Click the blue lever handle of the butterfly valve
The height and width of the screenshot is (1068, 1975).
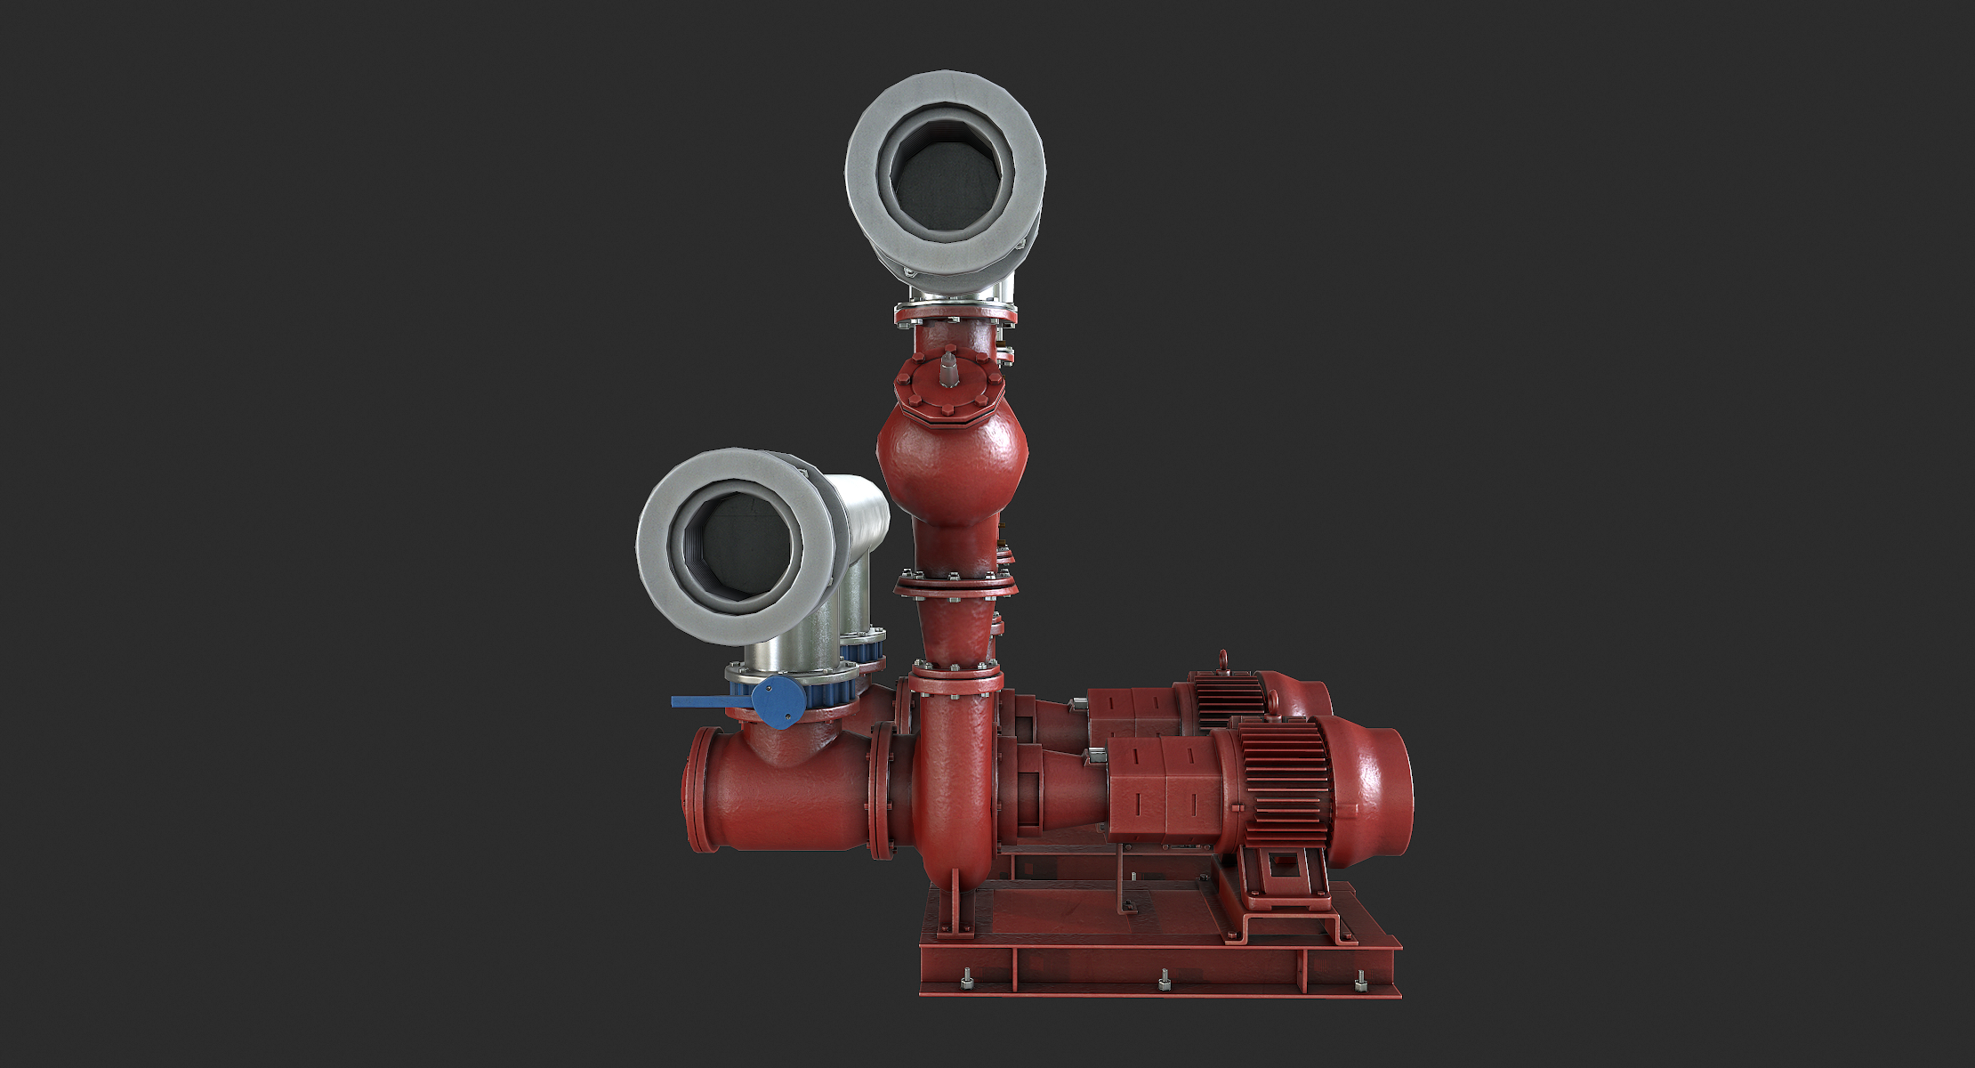(x=707, y=702)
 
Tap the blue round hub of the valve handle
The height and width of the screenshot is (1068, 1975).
(x=779, y=700)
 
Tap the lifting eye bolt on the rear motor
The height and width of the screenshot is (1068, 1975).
(x=1223, y=659)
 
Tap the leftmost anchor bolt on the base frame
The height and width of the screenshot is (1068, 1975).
(x=967, y=982)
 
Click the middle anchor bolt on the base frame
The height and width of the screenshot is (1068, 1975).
(x=1165, y=983)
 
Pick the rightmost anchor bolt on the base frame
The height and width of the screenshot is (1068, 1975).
(x=1359, y=983)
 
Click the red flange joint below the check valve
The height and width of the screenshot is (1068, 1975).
(x=954, y=584)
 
